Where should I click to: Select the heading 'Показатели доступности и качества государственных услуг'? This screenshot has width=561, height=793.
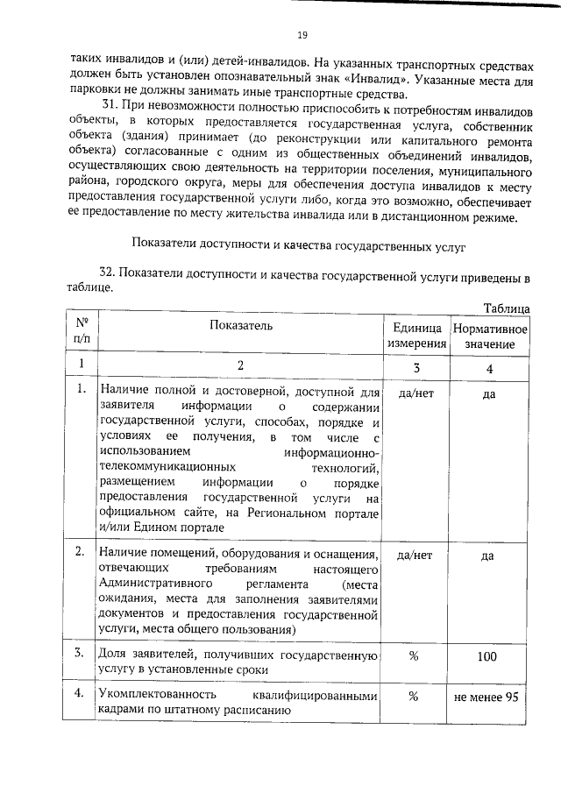point(299,242)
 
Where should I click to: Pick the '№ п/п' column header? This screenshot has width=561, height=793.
point(82,333)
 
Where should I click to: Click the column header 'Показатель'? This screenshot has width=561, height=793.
point(240,326)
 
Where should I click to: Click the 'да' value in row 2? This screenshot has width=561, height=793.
point(490,556)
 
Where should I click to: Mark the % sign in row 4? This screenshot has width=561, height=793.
point(415,697)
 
